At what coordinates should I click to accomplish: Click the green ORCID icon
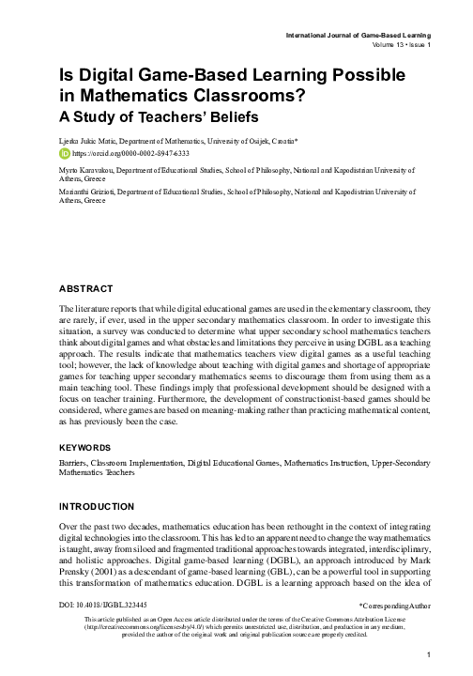tap(64, 152)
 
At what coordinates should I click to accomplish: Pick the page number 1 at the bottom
tap(427, 653)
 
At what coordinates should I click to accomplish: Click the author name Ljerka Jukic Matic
tap(88, 139)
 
